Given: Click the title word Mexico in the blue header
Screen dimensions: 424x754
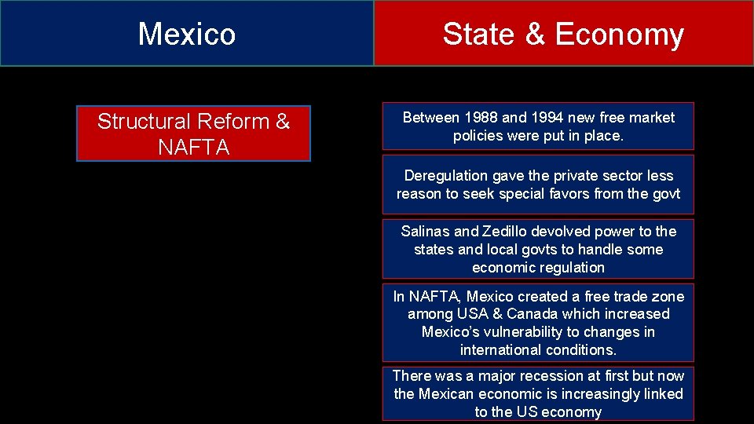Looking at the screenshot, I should coord(187,34).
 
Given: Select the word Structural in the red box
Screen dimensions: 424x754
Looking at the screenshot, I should coord(144,122).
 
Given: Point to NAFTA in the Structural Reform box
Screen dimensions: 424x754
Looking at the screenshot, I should coord(193,147).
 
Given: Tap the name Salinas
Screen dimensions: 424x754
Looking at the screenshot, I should coord(425,231).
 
